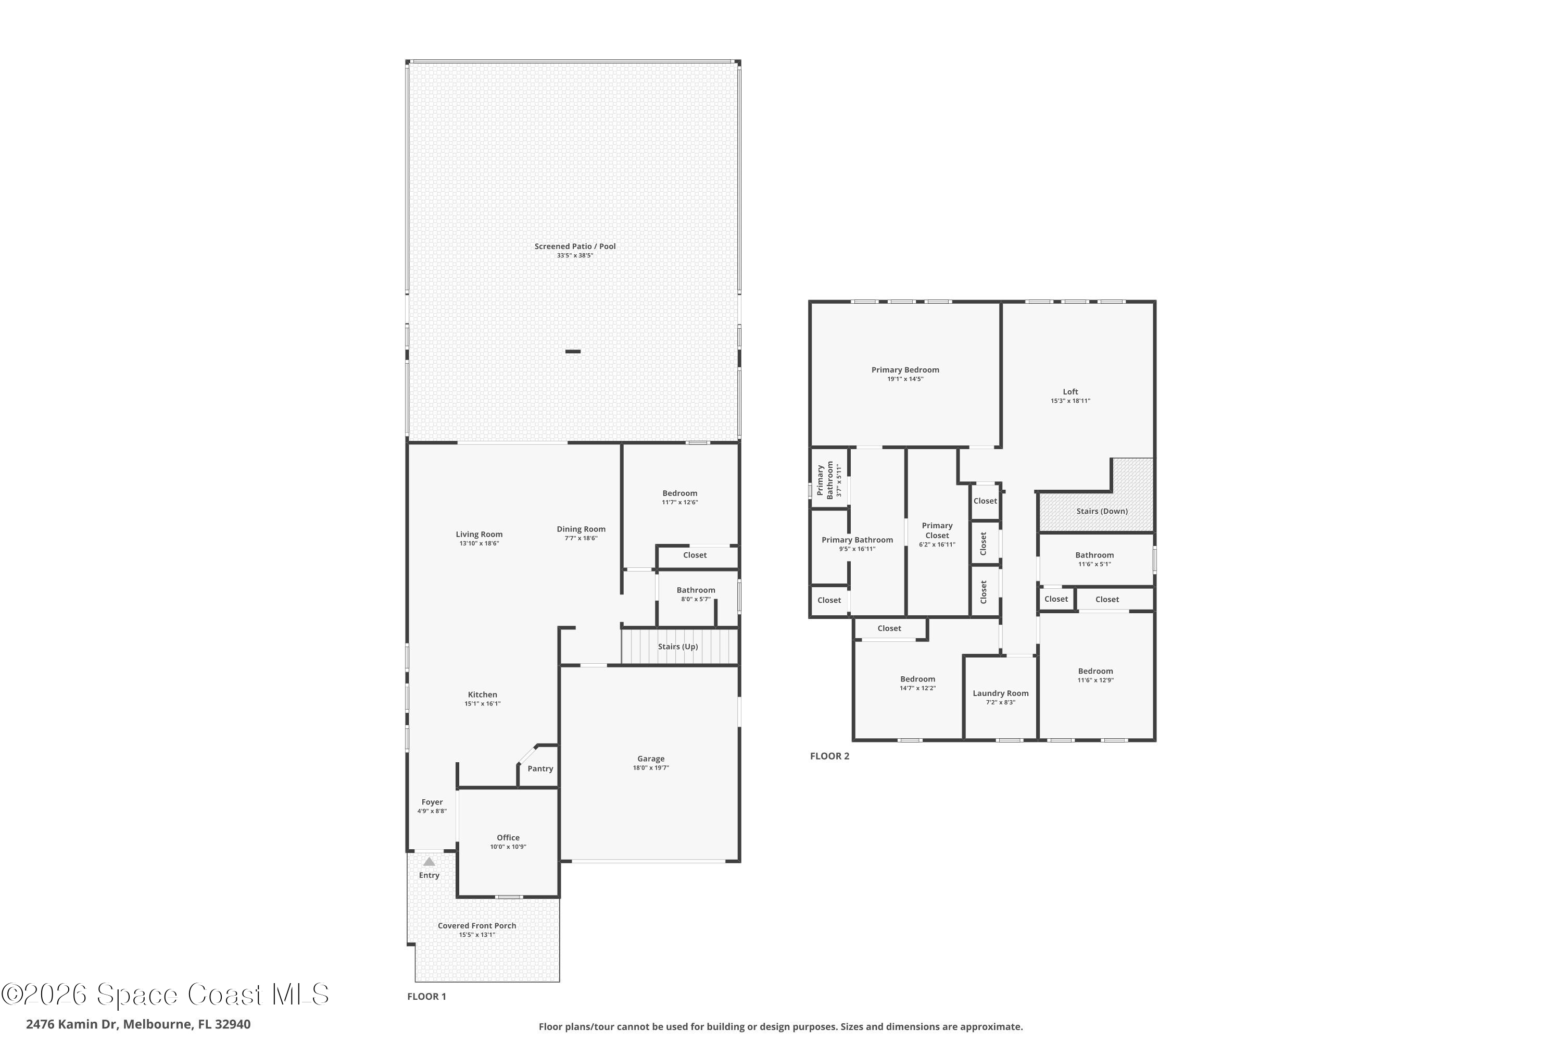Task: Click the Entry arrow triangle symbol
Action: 429,862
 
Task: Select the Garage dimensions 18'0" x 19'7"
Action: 650,767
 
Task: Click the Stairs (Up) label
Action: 677,647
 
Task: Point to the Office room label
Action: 508,837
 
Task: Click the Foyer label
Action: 432,802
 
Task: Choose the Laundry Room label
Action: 1000,693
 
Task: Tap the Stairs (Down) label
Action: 1102,511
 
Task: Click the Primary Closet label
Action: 937,530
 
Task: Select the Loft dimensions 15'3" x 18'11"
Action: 1070,401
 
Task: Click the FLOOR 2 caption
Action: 829,755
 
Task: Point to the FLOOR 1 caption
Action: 426,996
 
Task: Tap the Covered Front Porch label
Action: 477,926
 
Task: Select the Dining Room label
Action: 581,529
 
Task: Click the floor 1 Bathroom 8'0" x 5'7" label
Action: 695,590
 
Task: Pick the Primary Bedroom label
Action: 905,369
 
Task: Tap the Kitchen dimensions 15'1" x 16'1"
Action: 482,704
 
